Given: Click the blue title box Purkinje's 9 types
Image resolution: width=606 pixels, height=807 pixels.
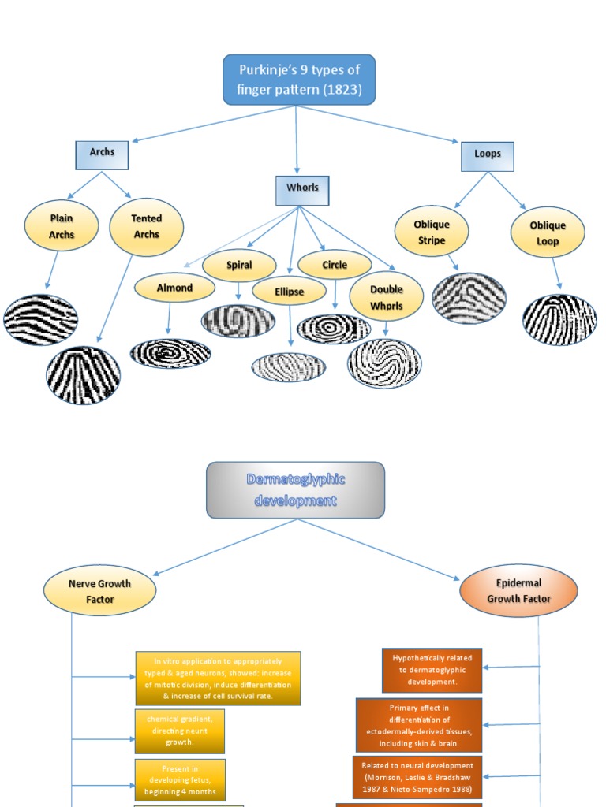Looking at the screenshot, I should point(299,80).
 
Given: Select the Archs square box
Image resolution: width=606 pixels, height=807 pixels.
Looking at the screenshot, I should point(101,154).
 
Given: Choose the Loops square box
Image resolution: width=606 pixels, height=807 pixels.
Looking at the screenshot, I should point(487,155).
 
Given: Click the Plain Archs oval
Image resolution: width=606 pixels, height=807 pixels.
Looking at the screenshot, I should point(62,225).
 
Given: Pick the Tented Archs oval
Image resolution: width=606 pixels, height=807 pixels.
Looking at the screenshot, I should point(146,227).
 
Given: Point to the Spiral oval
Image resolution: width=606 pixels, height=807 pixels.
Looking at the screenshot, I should point(239,266).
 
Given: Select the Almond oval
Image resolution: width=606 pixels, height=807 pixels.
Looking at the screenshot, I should point(174,288).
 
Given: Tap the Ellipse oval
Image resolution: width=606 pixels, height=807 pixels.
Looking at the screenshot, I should point(290,292).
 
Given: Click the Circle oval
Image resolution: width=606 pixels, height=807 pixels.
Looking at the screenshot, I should point(335,266).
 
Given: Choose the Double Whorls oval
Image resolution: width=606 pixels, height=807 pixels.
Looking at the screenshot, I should point(386,296).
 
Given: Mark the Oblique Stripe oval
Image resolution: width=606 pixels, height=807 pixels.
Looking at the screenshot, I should point(432,232).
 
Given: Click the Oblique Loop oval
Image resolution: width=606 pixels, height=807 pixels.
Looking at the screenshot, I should point(548,233).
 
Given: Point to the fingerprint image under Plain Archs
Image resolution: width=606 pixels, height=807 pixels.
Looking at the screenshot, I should point(41,320).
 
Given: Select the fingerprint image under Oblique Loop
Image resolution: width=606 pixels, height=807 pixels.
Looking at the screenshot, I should point(559,319).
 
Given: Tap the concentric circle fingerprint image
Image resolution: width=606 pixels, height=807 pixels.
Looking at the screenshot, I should point(334,329).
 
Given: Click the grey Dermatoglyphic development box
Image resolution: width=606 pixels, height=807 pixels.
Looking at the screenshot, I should point(296,490).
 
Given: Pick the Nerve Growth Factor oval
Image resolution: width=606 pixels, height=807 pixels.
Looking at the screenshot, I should point(100,591).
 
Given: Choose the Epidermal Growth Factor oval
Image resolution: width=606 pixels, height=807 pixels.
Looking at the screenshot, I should point(518,591).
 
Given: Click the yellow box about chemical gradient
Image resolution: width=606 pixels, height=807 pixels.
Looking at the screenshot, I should point(179,731).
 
